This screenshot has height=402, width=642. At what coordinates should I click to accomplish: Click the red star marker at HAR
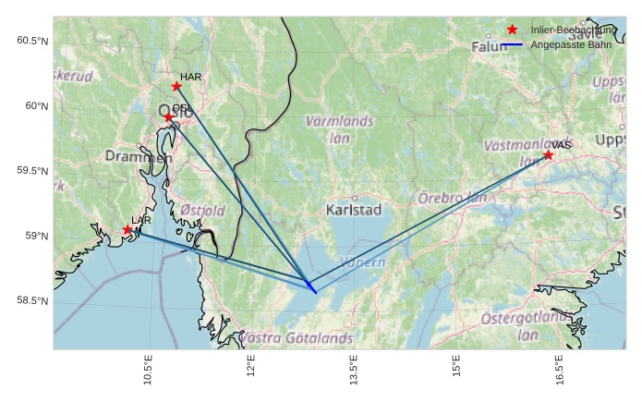click(x=176, y=87)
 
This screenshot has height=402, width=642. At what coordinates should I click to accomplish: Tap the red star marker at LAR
click(x=127, y=230)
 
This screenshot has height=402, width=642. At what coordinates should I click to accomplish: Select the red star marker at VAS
click(x=549, y=155)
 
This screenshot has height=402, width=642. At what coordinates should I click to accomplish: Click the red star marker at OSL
click(x=169, y=117)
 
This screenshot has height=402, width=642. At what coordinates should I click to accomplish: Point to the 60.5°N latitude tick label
click(x=32, y=41)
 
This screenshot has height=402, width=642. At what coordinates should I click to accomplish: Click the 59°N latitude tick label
click(x=36, y=237)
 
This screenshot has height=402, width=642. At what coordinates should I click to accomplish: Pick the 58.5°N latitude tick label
click(x=32, y=301)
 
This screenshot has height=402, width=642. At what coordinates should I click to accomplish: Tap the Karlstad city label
click(x=354, y=211)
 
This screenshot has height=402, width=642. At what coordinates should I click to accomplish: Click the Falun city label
click(x=490, y=46)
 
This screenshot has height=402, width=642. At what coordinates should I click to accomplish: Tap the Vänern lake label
click(x=363, y=263)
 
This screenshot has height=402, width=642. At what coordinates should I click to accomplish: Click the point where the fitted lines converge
click(x=309, y=284)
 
